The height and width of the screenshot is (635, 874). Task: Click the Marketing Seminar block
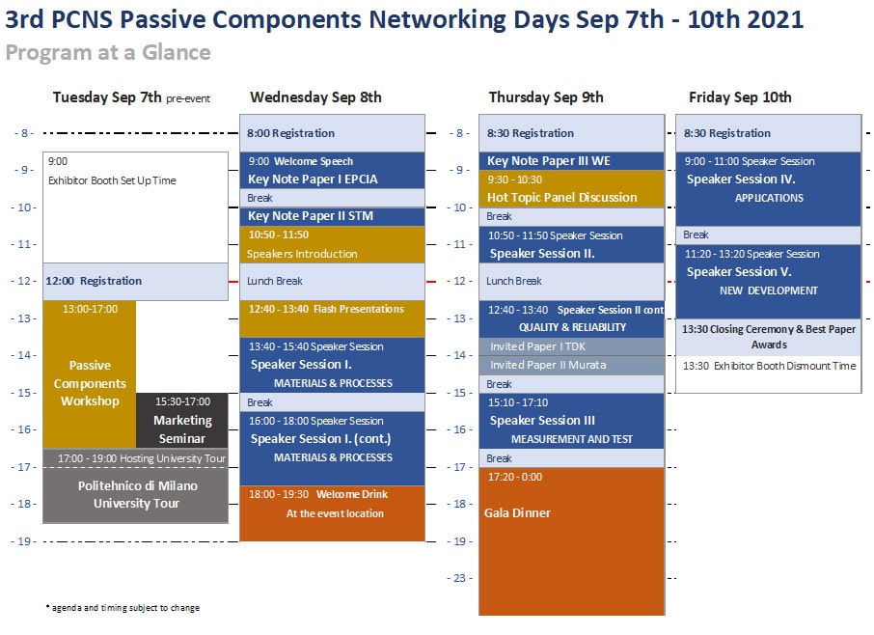pyautogui.click(x=181, y=421)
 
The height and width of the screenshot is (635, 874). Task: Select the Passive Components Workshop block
pyautogui.click(x=90, y=374)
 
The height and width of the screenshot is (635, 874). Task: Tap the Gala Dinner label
pyautogui.click(x=517, y=512)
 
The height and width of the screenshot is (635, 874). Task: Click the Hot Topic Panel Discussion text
pyautogui.click(x=561, y=198)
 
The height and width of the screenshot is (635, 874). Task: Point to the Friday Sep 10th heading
pyautogui.click(x=740, y=97)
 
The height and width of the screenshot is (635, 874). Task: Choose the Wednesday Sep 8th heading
pyautogui.click(x=315, y=97)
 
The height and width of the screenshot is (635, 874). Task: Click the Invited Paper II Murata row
pyautogui.click(x=571, y=365)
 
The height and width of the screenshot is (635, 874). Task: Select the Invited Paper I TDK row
pyautogui.click(x=571, y=346)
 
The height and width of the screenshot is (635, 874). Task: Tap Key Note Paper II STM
pyautogui.click(x=311, y=216)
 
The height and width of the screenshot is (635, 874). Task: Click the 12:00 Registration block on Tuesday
pyautogui.click(x=135, y=282)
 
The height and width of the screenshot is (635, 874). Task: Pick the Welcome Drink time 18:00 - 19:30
pyautogui.click(x=279, y=494)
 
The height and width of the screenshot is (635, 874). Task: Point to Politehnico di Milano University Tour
pyautogui.click(x=137, y=494)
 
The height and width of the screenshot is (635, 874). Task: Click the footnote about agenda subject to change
pyautogui.click(x=123, y=608)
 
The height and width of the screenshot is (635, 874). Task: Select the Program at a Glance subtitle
pyautogui.click(x=108, y=52)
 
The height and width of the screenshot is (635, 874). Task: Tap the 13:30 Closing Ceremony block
pyautogui.click(x=769, y=338)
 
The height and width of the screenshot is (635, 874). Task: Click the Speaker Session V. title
pyautogui.click(x=739, y=272)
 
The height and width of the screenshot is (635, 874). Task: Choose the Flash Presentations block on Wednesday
pyautogui.click(x=332, y=318)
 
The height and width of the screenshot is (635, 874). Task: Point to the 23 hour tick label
pyautogui.click(x=459, y=578)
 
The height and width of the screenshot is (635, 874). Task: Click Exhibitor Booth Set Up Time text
pyautogui.click(x=112, y=180)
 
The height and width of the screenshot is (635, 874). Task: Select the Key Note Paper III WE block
pyautogui.click(x=571, y=161)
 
